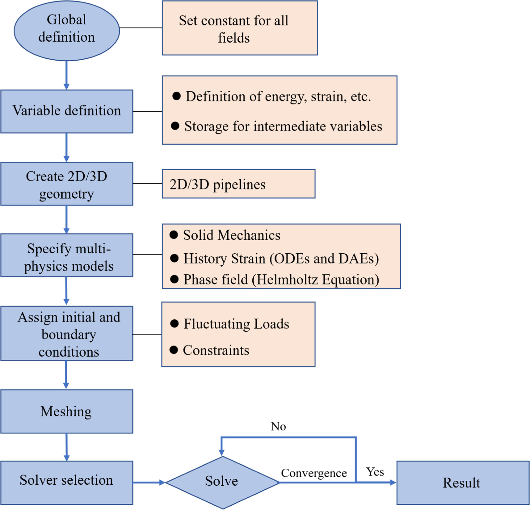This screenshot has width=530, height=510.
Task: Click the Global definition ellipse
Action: coord(66,30)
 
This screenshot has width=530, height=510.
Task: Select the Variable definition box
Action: coord(66,111)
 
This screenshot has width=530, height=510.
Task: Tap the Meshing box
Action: coord(66,411)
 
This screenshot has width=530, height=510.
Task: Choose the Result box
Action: coord(462,483)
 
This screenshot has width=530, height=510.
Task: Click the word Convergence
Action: coord(313,473)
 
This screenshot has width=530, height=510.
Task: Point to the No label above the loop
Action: coord(278,426)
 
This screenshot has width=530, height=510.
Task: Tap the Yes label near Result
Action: coord(375,472)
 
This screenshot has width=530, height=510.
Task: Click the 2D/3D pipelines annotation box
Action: coord(238,184)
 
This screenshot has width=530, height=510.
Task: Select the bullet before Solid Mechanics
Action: coord(174,235)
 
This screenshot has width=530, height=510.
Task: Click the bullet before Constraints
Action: coord(174,350)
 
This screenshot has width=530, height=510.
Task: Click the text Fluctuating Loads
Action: coord(236,324)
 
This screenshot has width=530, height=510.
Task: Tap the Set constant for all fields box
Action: coord(240,28)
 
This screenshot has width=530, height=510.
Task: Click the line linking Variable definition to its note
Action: coord(147,111)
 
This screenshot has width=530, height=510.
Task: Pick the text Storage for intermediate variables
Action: coord(283,126)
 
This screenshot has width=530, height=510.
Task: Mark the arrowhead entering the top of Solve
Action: coord(221,453)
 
